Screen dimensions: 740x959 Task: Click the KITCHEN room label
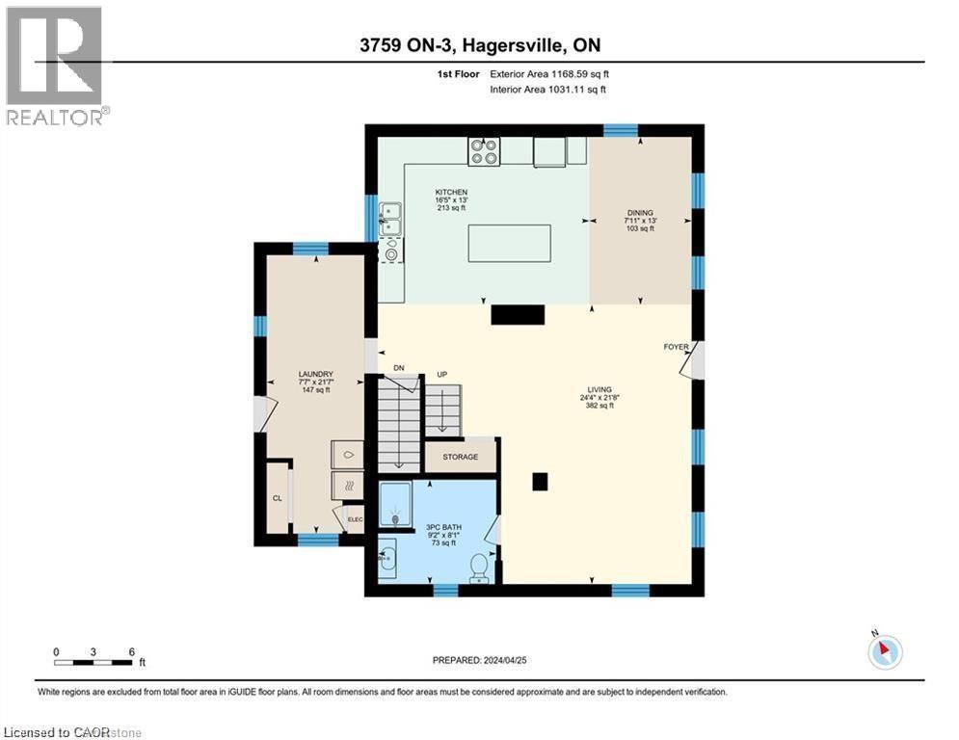(x=451, y=193)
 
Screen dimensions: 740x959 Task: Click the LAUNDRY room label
(x=315, y=375)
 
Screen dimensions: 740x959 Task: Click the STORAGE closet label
(x=461, y=457)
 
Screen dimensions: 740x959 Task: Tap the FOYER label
(x=676, y=346)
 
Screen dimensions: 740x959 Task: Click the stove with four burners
(x=484, y=150)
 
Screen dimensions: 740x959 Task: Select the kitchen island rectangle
(x=509, y=243)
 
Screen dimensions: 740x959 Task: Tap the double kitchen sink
(x=390, y=219)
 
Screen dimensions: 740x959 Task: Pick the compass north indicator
(x=884, y=652)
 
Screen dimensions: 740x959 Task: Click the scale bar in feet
(x=93, y=661)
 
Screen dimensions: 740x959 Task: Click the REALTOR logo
(x=55, y=66)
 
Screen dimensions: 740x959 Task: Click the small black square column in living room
(x=540, y=481)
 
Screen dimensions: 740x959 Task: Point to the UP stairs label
(x=444, y=375)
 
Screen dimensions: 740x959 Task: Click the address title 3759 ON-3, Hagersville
(x=479, y=44)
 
